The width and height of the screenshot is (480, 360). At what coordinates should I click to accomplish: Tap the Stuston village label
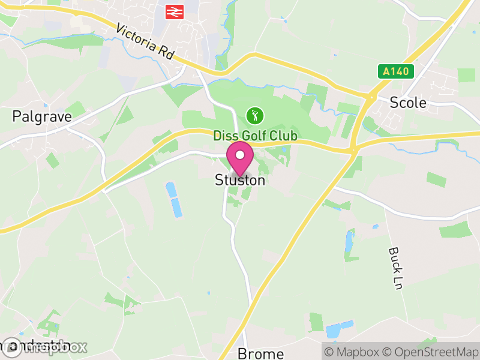(x=240, y=180)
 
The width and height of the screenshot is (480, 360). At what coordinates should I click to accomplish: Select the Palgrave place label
(x=42, y=116)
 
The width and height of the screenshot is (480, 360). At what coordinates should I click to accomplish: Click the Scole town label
(x=408, y=103)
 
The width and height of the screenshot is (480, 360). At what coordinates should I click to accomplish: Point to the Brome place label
(x=260, y=353)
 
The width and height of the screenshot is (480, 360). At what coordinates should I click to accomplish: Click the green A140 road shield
(x=397, y=71)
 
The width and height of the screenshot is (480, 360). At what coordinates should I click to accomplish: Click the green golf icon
(x=255, y=114)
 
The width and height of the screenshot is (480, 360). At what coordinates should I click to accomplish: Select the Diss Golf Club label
(x=255, y=136)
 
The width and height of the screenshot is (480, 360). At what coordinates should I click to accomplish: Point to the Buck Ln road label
(x=394, y=268)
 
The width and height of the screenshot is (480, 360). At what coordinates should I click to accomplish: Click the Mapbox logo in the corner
(x=45, y=347)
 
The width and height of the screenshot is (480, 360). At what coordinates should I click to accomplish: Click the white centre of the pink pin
(x=240, y=155)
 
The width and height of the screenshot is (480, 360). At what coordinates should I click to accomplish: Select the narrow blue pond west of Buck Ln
(x=349, y=241)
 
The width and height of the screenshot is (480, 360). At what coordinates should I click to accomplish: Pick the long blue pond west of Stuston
(x=174, y=200)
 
